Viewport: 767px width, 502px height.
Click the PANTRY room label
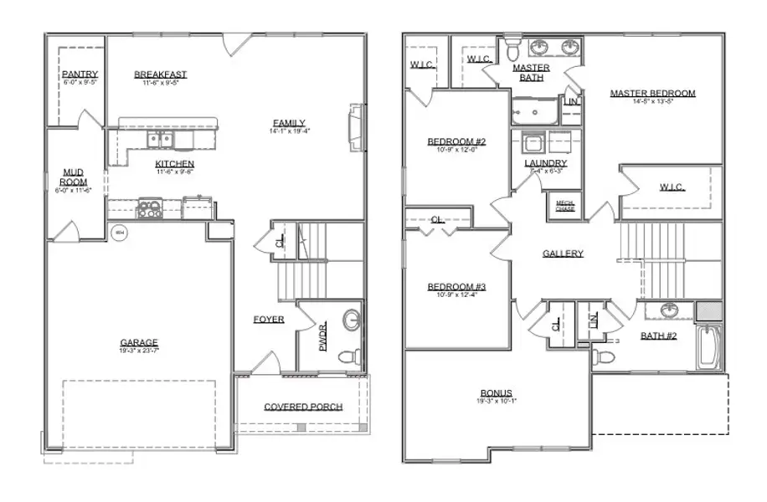coord(80,74)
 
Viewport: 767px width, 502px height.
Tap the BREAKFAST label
coord(161,74)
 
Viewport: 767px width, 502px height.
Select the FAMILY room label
coord(287,122)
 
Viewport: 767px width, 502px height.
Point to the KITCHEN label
coord(175,163)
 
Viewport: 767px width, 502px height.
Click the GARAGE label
coord(139,342)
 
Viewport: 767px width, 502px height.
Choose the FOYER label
coord(270,320)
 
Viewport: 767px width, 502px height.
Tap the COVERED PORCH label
coord(303,407)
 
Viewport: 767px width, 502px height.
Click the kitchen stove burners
coord(150,208)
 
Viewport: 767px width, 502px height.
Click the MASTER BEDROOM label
coord(652,93)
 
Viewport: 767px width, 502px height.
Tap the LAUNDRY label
coord(546,163)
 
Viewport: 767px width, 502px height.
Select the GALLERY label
coord(563,254)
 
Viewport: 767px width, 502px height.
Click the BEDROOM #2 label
coord(457,141)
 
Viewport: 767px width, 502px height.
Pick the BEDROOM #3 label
coord(457,287)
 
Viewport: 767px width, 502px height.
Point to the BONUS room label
coord(497,393)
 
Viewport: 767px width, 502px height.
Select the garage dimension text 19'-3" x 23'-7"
coord(139,351)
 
